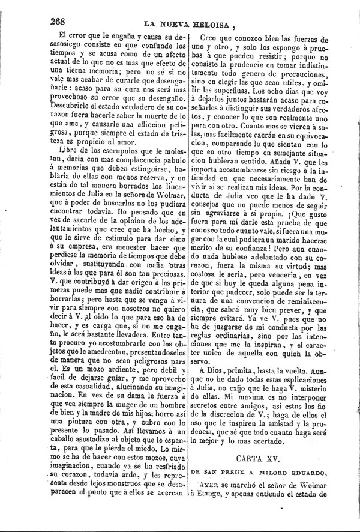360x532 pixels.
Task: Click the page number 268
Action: (x=58, y=20)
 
